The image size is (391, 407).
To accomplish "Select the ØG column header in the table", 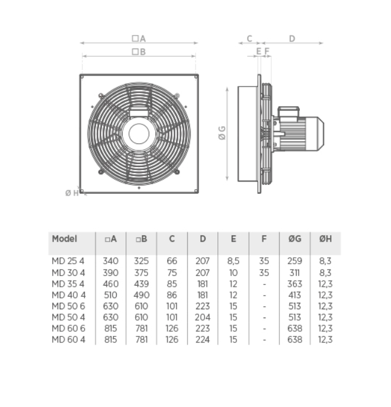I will [294, 239].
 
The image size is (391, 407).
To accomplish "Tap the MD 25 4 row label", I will [69, 261].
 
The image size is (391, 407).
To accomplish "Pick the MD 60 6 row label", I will [69, 328].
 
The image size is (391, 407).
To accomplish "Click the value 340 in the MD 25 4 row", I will [111, 261].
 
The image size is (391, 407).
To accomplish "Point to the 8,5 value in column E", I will [233, 261].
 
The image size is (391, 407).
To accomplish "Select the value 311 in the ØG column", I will [294, 273].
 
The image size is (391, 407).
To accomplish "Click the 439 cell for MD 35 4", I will [141, 284].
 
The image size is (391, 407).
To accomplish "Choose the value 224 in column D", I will [203, 339].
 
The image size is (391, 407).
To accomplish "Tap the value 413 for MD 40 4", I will [294, 295].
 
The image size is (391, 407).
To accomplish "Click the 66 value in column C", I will [172, 261].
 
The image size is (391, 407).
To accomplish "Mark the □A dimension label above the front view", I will [139, 39].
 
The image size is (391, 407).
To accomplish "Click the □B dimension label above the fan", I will [139, 52].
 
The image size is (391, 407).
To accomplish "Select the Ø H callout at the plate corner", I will [72, 193].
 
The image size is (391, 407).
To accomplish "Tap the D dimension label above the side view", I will [292, 39].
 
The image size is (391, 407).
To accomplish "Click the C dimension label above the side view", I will [249, 39].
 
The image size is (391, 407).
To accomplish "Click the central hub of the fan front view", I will [139, 133].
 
